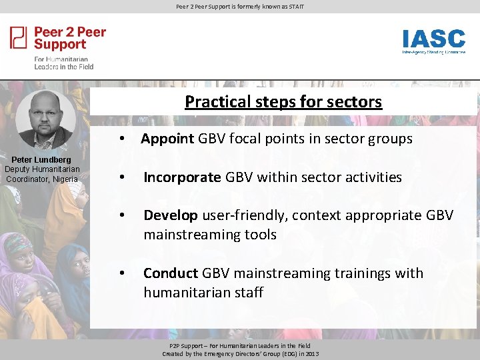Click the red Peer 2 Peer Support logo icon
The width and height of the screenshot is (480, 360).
[x=19, y=37]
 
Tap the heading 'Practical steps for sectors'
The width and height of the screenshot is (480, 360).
[x=283, y=101]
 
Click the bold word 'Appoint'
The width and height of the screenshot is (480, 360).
[x=167, y=139]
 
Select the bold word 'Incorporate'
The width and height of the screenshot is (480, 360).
[x=182, y=177]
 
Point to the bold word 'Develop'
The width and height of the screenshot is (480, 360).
[x=171, y=215]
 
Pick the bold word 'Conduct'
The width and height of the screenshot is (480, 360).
[x=171, y=273]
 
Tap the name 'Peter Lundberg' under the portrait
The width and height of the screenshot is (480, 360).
[x=41, y=160]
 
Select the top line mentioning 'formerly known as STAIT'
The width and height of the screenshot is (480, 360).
[x=240, y=7]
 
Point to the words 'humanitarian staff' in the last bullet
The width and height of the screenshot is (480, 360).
[x=203, y=293]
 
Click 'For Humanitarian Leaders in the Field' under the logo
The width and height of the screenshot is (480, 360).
[x=64, y=63]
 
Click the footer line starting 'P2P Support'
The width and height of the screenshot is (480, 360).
[x=240, y=346]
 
